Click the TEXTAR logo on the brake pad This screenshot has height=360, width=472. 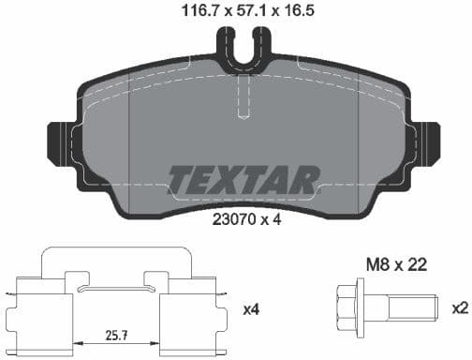(x=244, y=180)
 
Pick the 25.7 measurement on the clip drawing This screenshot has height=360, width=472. (x=116, y=334)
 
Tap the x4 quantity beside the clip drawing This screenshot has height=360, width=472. (x=252, y=308)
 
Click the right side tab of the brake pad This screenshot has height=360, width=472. (x=428, y=143)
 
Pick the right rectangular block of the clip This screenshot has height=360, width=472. (x=184, y=310)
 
